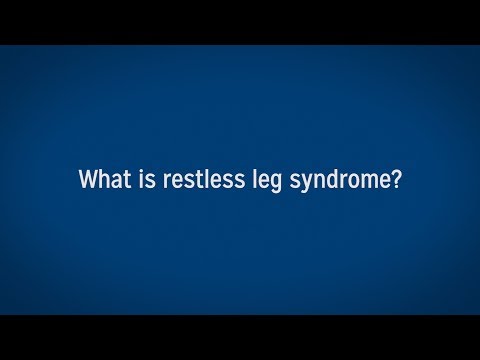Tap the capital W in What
88,181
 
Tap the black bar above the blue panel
240,21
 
